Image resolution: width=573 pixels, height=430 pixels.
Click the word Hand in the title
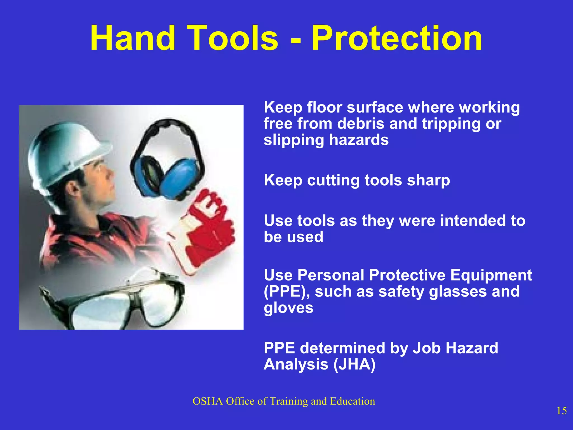point(133,38)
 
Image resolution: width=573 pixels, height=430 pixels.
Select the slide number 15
point(562,411)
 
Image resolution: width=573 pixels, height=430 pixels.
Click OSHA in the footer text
point(208,401)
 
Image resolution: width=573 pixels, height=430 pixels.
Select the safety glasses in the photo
point(112,302)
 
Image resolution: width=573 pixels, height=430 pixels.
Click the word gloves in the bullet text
point(288,308)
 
